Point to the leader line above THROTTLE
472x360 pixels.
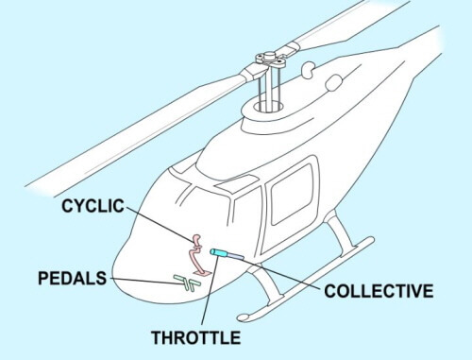208,293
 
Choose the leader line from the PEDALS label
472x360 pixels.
142,280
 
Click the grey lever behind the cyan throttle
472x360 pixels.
236,257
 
